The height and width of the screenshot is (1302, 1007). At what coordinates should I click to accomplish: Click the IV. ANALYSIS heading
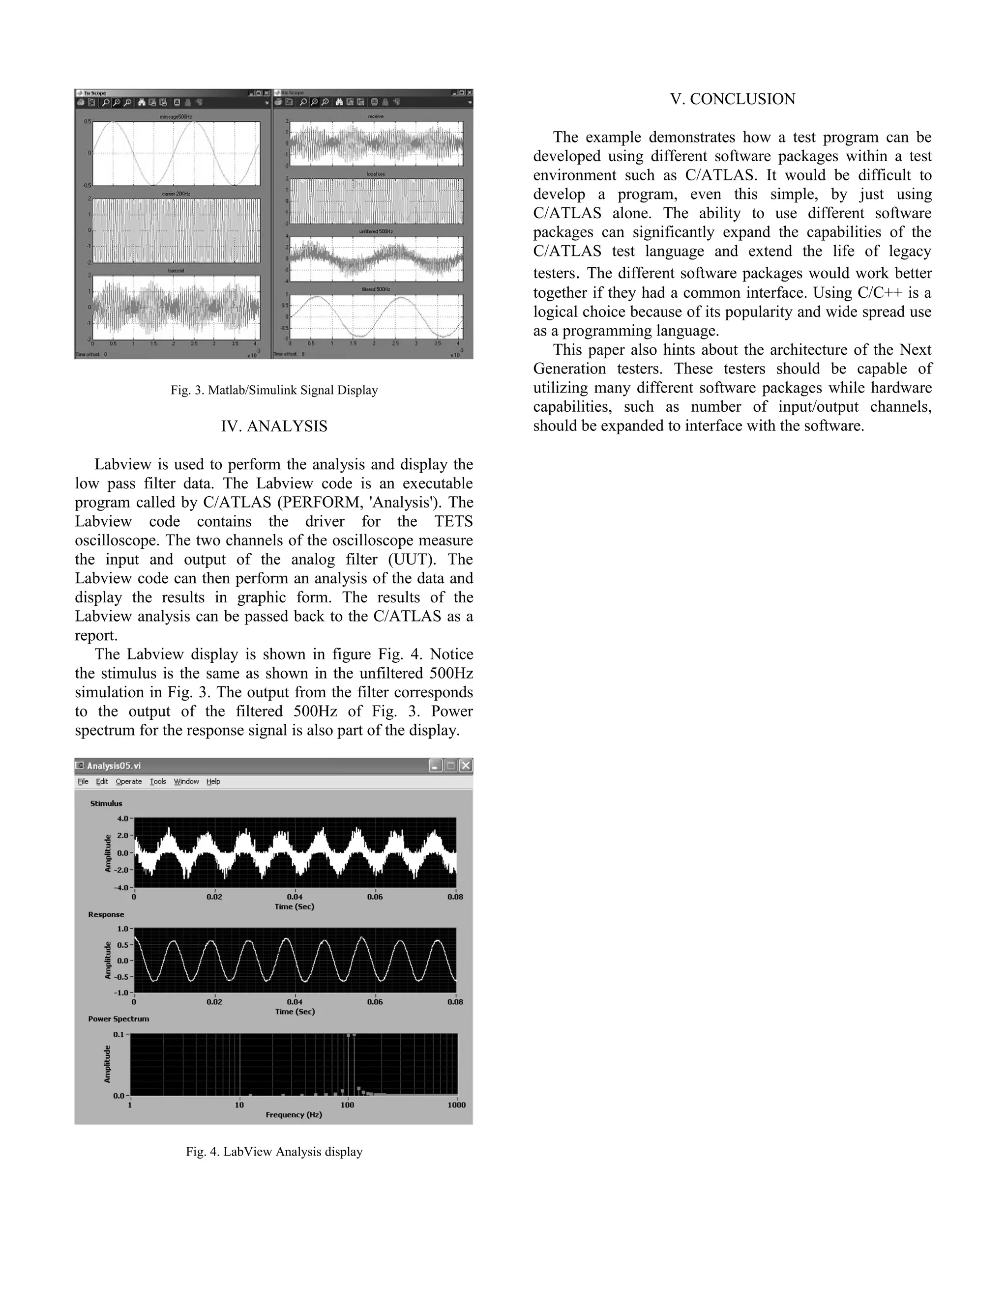(x=274, y=426)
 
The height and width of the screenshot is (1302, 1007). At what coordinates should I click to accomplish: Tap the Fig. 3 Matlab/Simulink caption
(x=274, y=391)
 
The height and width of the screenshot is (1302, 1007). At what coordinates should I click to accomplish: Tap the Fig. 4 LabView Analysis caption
(x=274, y=1152)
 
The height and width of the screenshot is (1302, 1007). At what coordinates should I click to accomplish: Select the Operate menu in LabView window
(x=128, y=782)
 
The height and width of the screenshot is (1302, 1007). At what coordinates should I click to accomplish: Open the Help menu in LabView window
(x=213, y=782)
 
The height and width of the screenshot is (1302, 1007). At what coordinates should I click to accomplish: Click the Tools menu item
(x=157, y=782)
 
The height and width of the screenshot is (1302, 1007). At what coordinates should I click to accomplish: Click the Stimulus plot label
(x=106, y=804)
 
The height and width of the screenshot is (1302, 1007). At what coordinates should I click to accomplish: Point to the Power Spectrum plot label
(x=118, y=1019)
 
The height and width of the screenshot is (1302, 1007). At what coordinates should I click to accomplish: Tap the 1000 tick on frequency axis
(x=456, y=1104)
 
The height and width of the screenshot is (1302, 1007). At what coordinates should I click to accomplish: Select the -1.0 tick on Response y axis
(x=121, y=992)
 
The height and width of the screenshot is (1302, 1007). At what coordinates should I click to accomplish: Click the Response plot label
(x=106, y=914)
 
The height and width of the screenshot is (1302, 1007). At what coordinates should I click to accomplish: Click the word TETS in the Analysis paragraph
(x=453, y=522)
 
